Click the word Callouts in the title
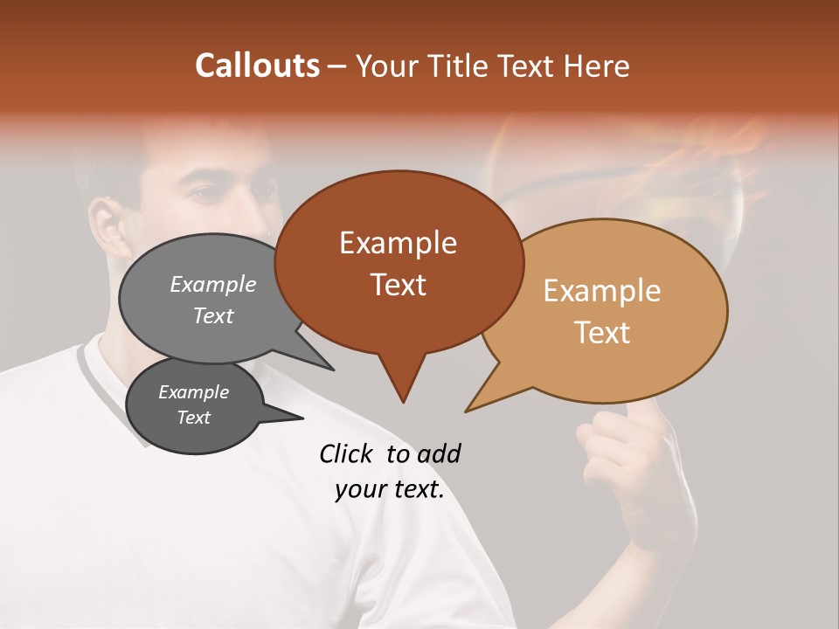(x=258, y=66)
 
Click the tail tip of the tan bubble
(x=467, y=411)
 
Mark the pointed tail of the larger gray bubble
(x=332, y=369)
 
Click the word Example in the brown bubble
(x=399, y=243)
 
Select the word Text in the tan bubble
(x=603, y=333)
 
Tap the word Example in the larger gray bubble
(x=213, y=285)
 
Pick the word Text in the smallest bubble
(x=194, y=418)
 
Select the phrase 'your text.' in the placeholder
(x=390, y=490)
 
